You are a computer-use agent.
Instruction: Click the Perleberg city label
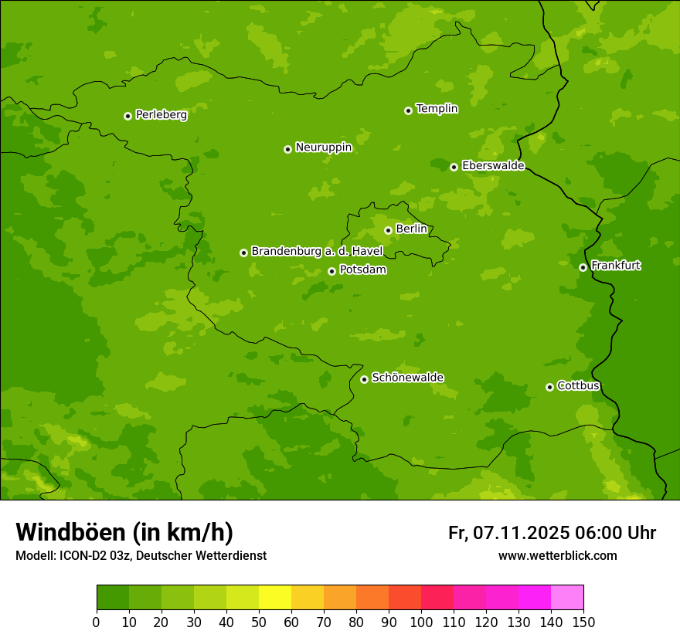coord(161,115)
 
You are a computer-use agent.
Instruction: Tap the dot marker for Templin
coord(408,110)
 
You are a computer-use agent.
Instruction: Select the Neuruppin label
coord(323,148)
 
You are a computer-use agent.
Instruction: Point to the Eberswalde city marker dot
coord(454,167)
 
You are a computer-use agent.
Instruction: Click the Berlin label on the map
coord(411,229)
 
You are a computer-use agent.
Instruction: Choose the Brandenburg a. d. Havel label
coord(317,252)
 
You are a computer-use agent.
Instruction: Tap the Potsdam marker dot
coord(331,271)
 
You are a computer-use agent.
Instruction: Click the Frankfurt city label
coord(615,266)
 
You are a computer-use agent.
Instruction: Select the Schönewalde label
coord(407,378)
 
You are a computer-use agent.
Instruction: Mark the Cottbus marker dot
coord(549,387)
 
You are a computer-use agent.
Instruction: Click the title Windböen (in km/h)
coord(124,532)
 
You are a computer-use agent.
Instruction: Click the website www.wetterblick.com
coord(557,555)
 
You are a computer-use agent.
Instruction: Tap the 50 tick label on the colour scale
coord(259,622)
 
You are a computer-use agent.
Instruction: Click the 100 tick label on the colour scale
coord(421,622)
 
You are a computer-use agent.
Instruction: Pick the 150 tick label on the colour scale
coord(583,622)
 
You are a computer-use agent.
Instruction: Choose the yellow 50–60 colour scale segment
coord(275,598)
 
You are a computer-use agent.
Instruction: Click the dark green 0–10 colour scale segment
coord(113,598)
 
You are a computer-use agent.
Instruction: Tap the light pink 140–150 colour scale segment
coord(567,598)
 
